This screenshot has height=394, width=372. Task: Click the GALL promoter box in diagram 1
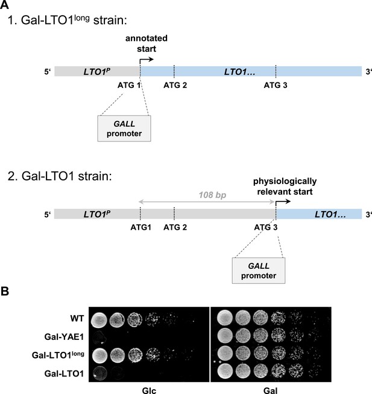click(124, 128)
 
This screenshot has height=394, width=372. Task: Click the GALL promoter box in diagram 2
click(259, 271)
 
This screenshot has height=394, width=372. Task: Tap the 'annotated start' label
click(147, 43)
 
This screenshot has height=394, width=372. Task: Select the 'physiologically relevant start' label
click(285, 186)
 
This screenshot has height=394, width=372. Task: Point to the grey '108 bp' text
click(212, 195)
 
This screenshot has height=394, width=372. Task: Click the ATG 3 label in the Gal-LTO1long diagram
click(276, 85)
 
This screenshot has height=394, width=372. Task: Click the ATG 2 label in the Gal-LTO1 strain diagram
click(175, 227)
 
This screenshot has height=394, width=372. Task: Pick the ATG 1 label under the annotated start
click(129, 85)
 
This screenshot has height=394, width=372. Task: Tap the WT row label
click(77, 318)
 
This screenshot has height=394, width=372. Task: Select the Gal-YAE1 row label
click(64, 336)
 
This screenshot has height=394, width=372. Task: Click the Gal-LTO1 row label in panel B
click(64, 374)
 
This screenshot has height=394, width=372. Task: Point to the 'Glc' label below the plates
click(149, 390)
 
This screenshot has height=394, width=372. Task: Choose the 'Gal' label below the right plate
click(271, 390)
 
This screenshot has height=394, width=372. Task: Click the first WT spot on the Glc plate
click(99, 319)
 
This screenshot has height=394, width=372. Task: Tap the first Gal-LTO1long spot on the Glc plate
click(100, 356)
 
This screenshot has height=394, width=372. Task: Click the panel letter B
click(5, 291)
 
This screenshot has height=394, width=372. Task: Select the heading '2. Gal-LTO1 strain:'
click(60, 176)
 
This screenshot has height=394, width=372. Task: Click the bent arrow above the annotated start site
click(145, 61)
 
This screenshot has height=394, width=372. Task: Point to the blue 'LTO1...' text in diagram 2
click(330, 214)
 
